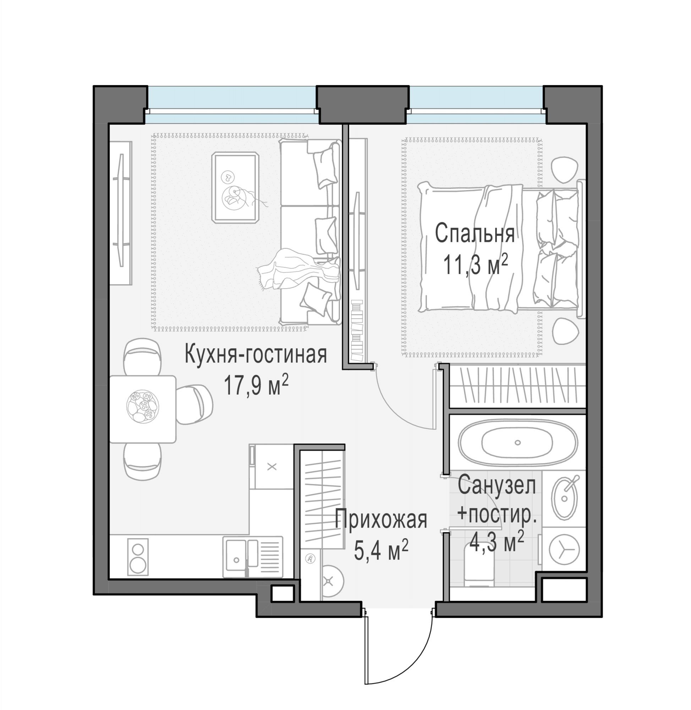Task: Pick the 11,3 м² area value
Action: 475,264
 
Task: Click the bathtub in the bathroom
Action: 517,442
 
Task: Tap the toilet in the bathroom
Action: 479,567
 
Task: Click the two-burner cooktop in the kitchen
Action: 138,556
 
